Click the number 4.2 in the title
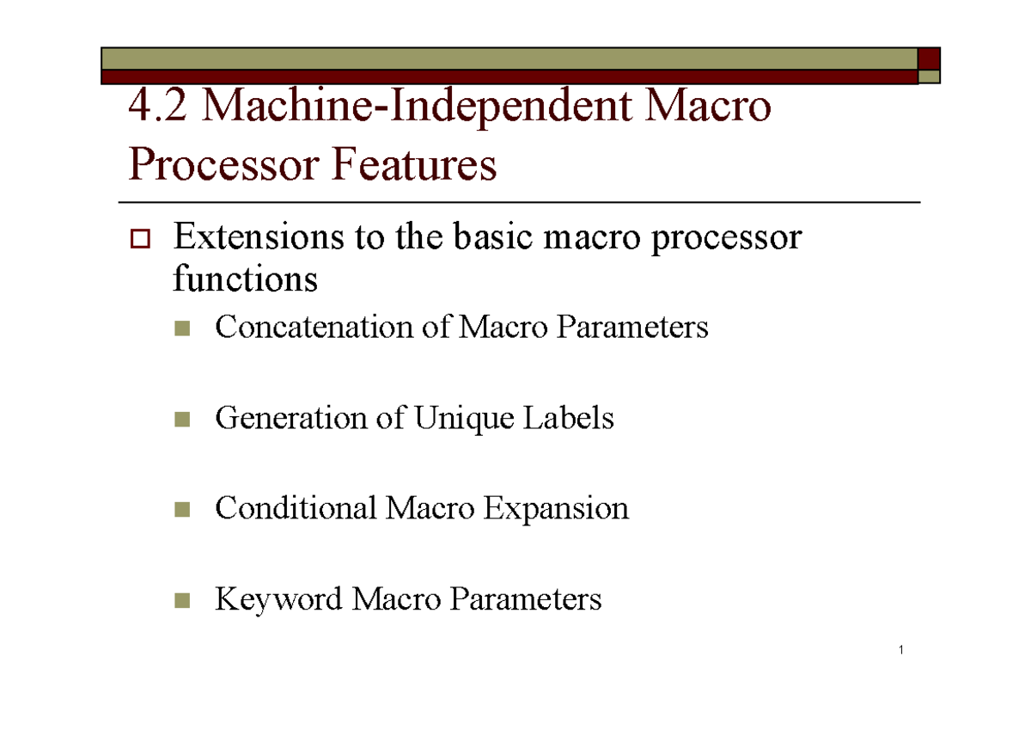click(x=157, y=106)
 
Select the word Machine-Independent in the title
click(x=417, y=107)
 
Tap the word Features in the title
click(x=414, y=164)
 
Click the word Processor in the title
click(x=223, y=164)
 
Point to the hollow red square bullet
click(x=140, y=239)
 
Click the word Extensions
click(x=259, y=236)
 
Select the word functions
click(x=246, y=278)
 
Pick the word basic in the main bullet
click(x=493, y=236)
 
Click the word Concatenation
click(x=314, y=327)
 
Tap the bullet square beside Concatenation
click(x=182, y=328)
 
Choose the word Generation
click(x=291, y=417)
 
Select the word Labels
click(x=569, y=417)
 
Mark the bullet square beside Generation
click(x=182, y=420)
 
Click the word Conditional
click(x=296, y=507)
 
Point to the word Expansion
click(x=556, y=509)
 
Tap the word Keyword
click(x=278, y=599)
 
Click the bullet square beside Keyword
click(x=182, y=600)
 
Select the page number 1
click(x=901, y=650)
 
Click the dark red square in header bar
click(x=929, y=58)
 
